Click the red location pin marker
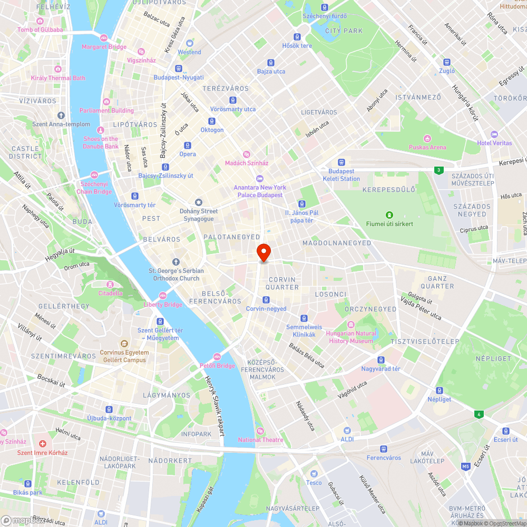tap(263, 252)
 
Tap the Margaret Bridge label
tap(104, 47)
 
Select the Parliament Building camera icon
tap(106, 102)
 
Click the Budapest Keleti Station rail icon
tap(341, 162)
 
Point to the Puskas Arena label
tap(427, 148)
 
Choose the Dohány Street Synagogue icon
tap(199, 202)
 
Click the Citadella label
tap(110, 293)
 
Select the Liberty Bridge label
tap(163, 305)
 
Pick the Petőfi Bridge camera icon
tap(217, 357)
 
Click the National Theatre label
tap(260, 440)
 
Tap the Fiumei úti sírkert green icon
tap(389, 214)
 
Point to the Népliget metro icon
tap(439, 391)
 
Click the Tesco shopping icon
tap(314, 474)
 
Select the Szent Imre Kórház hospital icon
tap(43, 444)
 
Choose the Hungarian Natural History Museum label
tap(351, 337)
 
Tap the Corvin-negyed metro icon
tap(266, 300)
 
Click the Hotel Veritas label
tap(494, 143)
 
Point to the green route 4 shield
tap(479, 414)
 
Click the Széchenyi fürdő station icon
tap(325, 7)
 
